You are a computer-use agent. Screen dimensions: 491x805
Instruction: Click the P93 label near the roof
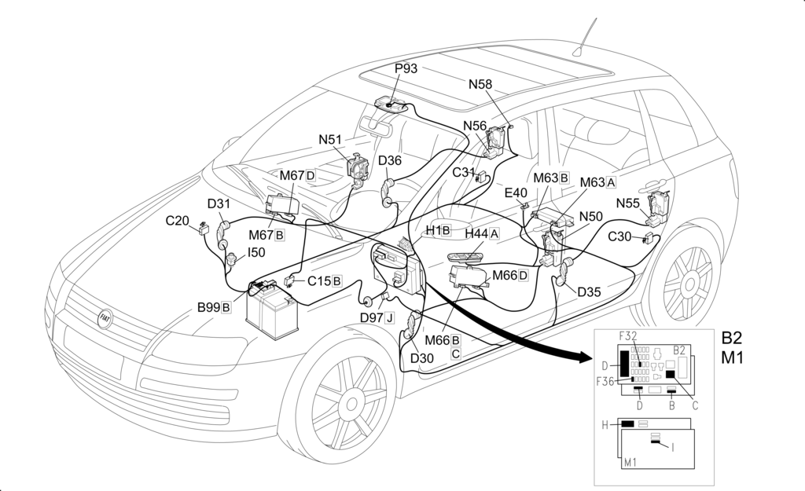click(406, 68)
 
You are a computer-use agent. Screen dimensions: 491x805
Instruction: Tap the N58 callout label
click(480, 84)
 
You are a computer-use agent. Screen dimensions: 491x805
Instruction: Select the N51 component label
click(330, 140)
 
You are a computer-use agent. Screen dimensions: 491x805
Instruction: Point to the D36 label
click(390, 161)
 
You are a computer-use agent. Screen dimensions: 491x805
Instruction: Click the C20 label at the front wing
click(177, 221)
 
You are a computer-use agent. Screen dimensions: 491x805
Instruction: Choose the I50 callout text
click(256, 253)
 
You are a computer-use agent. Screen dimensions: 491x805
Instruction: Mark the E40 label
click(516, 192)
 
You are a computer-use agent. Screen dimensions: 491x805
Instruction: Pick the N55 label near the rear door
click(627, 203)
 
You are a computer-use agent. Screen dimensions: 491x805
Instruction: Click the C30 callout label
click(620, 236)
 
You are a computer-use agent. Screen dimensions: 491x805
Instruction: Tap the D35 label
click(589, 292)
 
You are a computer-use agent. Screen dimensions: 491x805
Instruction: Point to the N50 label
click(590, 216)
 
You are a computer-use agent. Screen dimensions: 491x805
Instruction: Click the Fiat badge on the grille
click(103, 317)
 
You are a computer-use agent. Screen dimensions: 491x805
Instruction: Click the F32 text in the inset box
click(628, 336)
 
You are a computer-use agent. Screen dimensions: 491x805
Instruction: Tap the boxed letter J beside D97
click(389, 317)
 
